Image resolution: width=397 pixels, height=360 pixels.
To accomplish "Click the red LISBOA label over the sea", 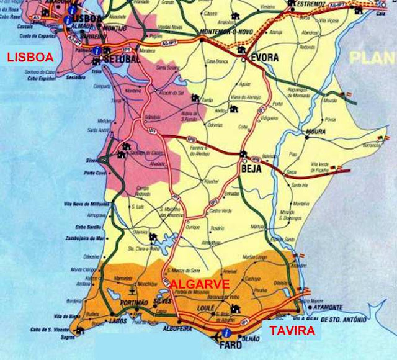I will point(30,58).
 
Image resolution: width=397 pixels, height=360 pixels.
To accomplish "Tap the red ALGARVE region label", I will point(200,284).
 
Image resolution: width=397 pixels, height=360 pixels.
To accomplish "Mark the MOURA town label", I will point(315,132).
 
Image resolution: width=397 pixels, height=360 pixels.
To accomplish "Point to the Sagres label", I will point(68,337).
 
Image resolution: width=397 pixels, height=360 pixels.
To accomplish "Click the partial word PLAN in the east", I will point(372,58).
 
